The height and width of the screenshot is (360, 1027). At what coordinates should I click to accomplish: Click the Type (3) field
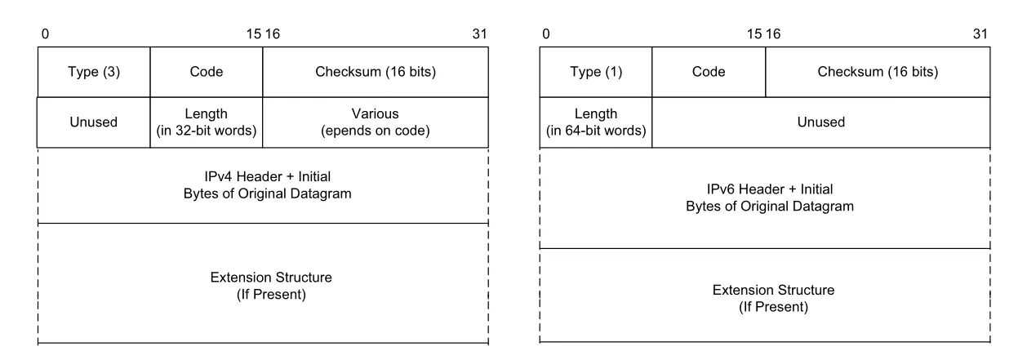(94, 72)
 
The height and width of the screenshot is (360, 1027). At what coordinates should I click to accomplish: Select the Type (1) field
(596, 72)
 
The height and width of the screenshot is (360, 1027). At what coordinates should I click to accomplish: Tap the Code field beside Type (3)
(207, 72)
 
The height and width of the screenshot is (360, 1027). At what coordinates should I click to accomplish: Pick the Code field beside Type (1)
(709, 72)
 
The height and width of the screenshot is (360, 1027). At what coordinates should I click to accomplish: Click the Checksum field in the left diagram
(376, 72)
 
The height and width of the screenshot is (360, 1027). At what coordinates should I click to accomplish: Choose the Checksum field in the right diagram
(878, 72)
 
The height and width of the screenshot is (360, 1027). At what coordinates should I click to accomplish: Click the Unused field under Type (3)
(94, 122)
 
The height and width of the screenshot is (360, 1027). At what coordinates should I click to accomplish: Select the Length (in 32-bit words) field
(207, 122)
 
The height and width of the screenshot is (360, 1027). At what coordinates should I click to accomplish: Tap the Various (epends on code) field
(376, 122)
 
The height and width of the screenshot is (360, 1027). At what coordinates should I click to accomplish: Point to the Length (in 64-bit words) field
(596, 122)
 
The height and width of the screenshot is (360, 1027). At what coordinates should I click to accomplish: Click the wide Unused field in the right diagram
(821, 122)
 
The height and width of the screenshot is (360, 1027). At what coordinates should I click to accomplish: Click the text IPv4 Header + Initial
(267, 176)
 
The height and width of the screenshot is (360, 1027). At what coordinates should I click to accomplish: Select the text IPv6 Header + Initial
(770, 189)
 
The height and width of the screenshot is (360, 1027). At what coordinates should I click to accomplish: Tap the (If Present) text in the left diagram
(271, 295)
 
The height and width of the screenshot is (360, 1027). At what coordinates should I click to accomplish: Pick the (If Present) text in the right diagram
(773, 307)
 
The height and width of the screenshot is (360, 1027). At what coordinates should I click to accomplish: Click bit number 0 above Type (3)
(45, 34)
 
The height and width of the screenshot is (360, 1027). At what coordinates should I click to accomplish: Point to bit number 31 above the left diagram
(479, 34)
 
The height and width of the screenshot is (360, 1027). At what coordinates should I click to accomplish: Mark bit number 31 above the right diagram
(980, 34)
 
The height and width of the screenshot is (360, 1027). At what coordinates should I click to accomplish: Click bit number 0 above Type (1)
(545, 34)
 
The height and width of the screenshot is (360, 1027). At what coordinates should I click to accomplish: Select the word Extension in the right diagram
(740, 290)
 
